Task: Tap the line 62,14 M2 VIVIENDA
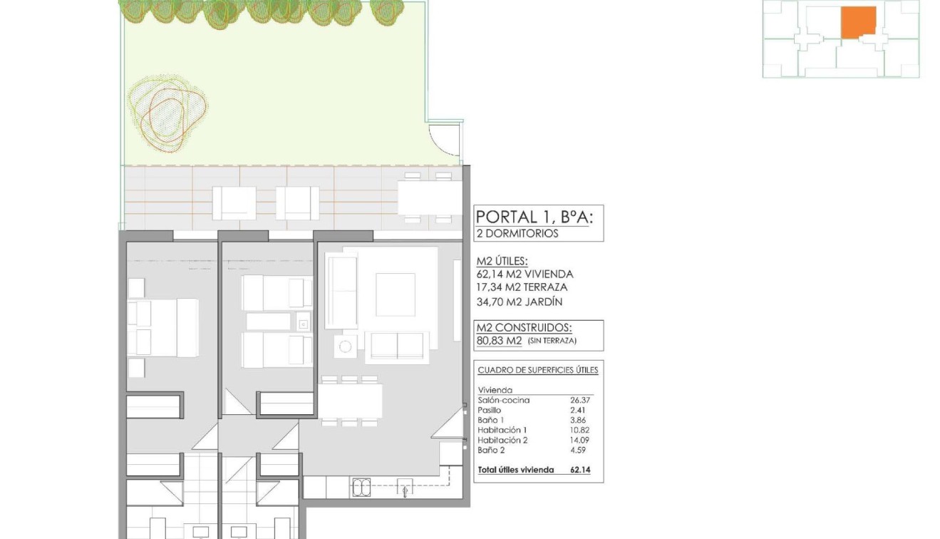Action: pyautogui.click(x=525, y=274)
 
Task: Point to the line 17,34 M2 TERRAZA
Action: pyautogui.click(x=522, y=287)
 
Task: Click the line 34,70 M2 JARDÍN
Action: pyautogui.click(x=519, y=302)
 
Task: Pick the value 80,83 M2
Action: pyautogui.click(x=499, y=341)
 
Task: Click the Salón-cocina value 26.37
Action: pyautogui.click(x=580, y=401)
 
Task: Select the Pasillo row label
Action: pyautogui.click(x=490, y=411)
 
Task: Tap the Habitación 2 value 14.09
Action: pyautogui.click(x=580, y=441)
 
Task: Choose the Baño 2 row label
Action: pyautogui.click(x=490, y=451)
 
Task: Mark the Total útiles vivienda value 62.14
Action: pyautogui.click(x=580, y=471)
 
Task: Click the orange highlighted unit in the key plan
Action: pyautogui.click(x=859, y=22)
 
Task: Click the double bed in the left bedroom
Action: pyautogui.click(x=162, y=328)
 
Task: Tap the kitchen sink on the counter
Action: pyautogui.click(x=361, y=487)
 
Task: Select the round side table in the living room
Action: pyautogui.click(x=346, y=347)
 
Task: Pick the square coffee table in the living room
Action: pyautogui.click(x=395, y=294)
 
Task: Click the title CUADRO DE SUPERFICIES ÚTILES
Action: pyautogui.click(x=537, y=370)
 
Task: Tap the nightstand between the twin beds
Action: pyautogui.click(x=304, y=322)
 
